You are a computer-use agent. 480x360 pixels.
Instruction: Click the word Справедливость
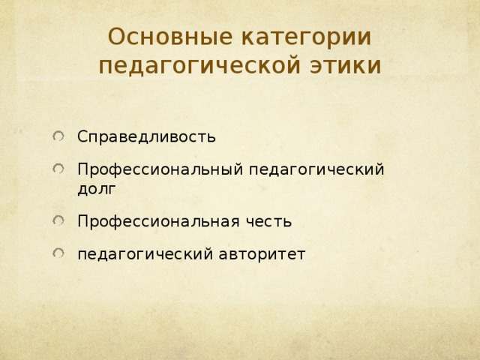point(147,137)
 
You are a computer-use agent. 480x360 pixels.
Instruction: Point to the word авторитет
point(262,254)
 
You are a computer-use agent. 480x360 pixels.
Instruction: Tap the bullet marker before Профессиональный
point(58,169)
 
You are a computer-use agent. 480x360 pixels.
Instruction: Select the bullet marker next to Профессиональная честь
point(58,221)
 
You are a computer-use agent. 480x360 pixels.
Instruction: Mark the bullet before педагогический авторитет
point(58,253)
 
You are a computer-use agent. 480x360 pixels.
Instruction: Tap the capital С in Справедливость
point(82,137)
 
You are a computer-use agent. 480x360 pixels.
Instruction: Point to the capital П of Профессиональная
point(82,222)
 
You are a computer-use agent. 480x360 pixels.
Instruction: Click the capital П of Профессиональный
point(82,169)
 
